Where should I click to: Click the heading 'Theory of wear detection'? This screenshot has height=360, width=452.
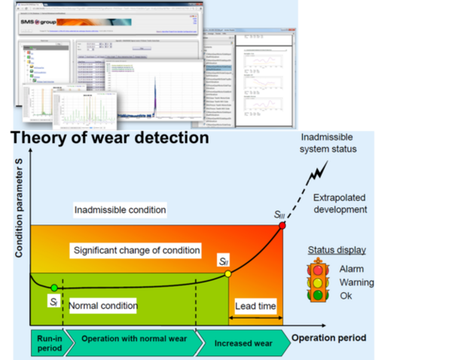pyautogui.click(x=110, y=138)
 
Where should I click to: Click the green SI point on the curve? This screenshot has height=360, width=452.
pyautogui.click(x=53, y=288)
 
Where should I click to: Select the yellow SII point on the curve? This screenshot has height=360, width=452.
pyautogui.click(x=228, y=273)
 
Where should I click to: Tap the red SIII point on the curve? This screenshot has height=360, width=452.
pyautogui.click(x=282, y=225)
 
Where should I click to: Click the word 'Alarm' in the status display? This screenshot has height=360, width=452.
pyautogui.click(x=352, y=269)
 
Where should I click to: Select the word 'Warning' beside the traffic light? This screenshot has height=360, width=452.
pyautogui.click(x=356, y=282)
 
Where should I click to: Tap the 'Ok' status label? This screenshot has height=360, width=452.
pyautogui.click(x=346, y=295)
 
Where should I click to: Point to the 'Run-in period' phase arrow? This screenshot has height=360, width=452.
pyautogui.click(x=47, y=343)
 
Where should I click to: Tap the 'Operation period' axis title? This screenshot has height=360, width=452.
pyautogui.click(x=329, y=338)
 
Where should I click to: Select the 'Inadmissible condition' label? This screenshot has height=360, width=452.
pyautogui.click(x=121, y=209)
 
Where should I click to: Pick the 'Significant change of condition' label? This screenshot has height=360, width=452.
pyautogui.click(x=136, y=249)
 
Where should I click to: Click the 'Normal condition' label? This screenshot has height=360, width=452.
pyautogui.click(x=103, y=306)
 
